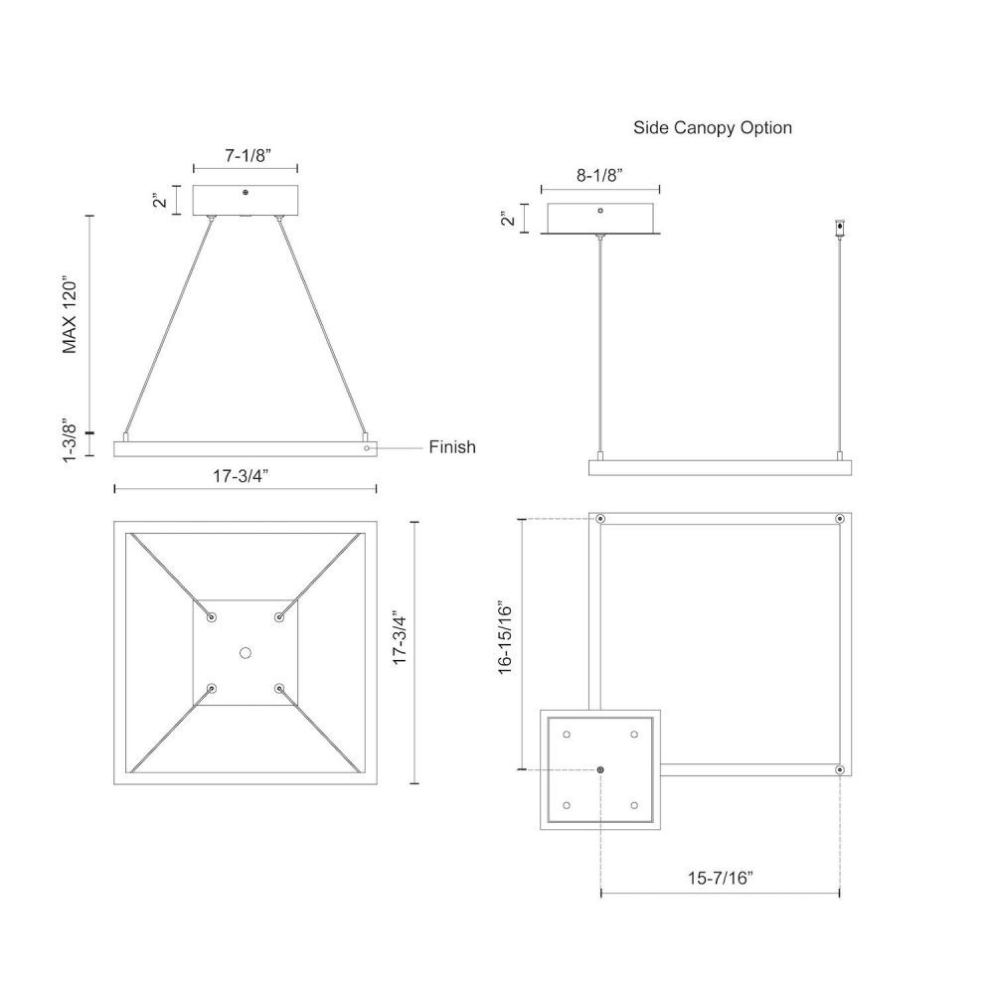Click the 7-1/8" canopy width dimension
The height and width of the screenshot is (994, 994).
(248, 155)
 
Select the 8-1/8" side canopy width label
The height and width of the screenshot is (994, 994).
(599, 175)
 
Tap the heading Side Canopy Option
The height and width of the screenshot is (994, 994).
(713, 127)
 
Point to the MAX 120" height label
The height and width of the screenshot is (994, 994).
(70, 314)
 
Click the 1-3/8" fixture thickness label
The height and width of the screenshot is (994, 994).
(70, 440)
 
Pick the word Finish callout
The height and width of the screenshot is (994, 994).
(452, 447)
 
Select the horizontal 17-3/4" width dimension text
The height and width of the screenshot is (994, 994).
(241, 475)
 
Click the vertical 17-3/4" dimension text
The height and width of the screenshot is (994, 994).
(400, 638)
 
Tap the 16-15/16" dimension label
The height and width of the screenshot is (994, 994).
(505, 637)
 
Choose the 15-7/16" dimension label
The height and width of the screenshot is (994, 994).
(721, 878)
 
